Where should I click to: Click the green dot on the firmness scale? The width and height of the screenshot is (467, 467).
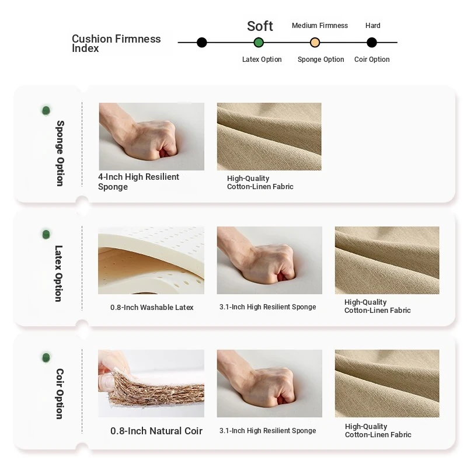(259, 43)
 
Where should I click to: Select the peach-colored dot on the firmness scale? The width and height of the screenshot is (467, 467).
(315, 43)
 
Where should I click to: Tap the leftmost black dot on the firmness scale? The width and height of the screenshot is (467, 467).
(201, 43)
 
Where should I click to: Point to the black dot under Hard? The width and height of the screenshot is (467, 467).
(371, 43)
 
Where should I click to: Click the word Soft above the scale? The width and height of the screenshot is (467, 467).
(260, 26)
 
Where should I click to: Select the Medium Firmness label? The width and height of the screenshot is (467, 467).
(319, 26)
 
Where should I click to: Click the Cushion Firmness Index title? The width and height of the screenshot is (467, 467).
(116, 43)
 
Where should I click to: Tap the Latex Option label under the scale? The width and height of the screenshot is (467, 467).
(262, 60)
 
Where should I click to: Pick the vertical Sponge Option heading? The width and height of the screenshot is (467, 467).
(60, 154)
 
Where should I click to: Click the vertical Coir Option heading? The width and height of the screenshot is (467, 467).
(60, 393)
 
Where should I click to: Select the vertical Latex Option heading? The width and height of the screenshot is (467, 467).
(58, 273)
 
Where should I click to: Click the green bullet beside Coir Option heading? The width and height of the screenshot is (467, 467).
(46, 357)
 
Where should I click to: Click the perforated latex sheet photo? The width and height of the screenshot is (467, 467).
(151, 260)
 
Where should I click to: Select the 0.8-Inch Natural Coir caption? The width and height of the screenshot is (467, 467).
(156, 431)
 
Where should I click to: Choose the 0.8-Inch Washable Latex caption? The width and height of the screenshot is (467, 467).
(152, 308)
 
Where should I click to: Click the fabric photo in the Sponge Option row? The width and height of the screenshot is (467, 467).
(269, 137)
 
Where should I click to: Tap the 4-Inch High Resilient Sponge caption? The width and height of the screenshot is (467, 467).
(138, 182)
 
